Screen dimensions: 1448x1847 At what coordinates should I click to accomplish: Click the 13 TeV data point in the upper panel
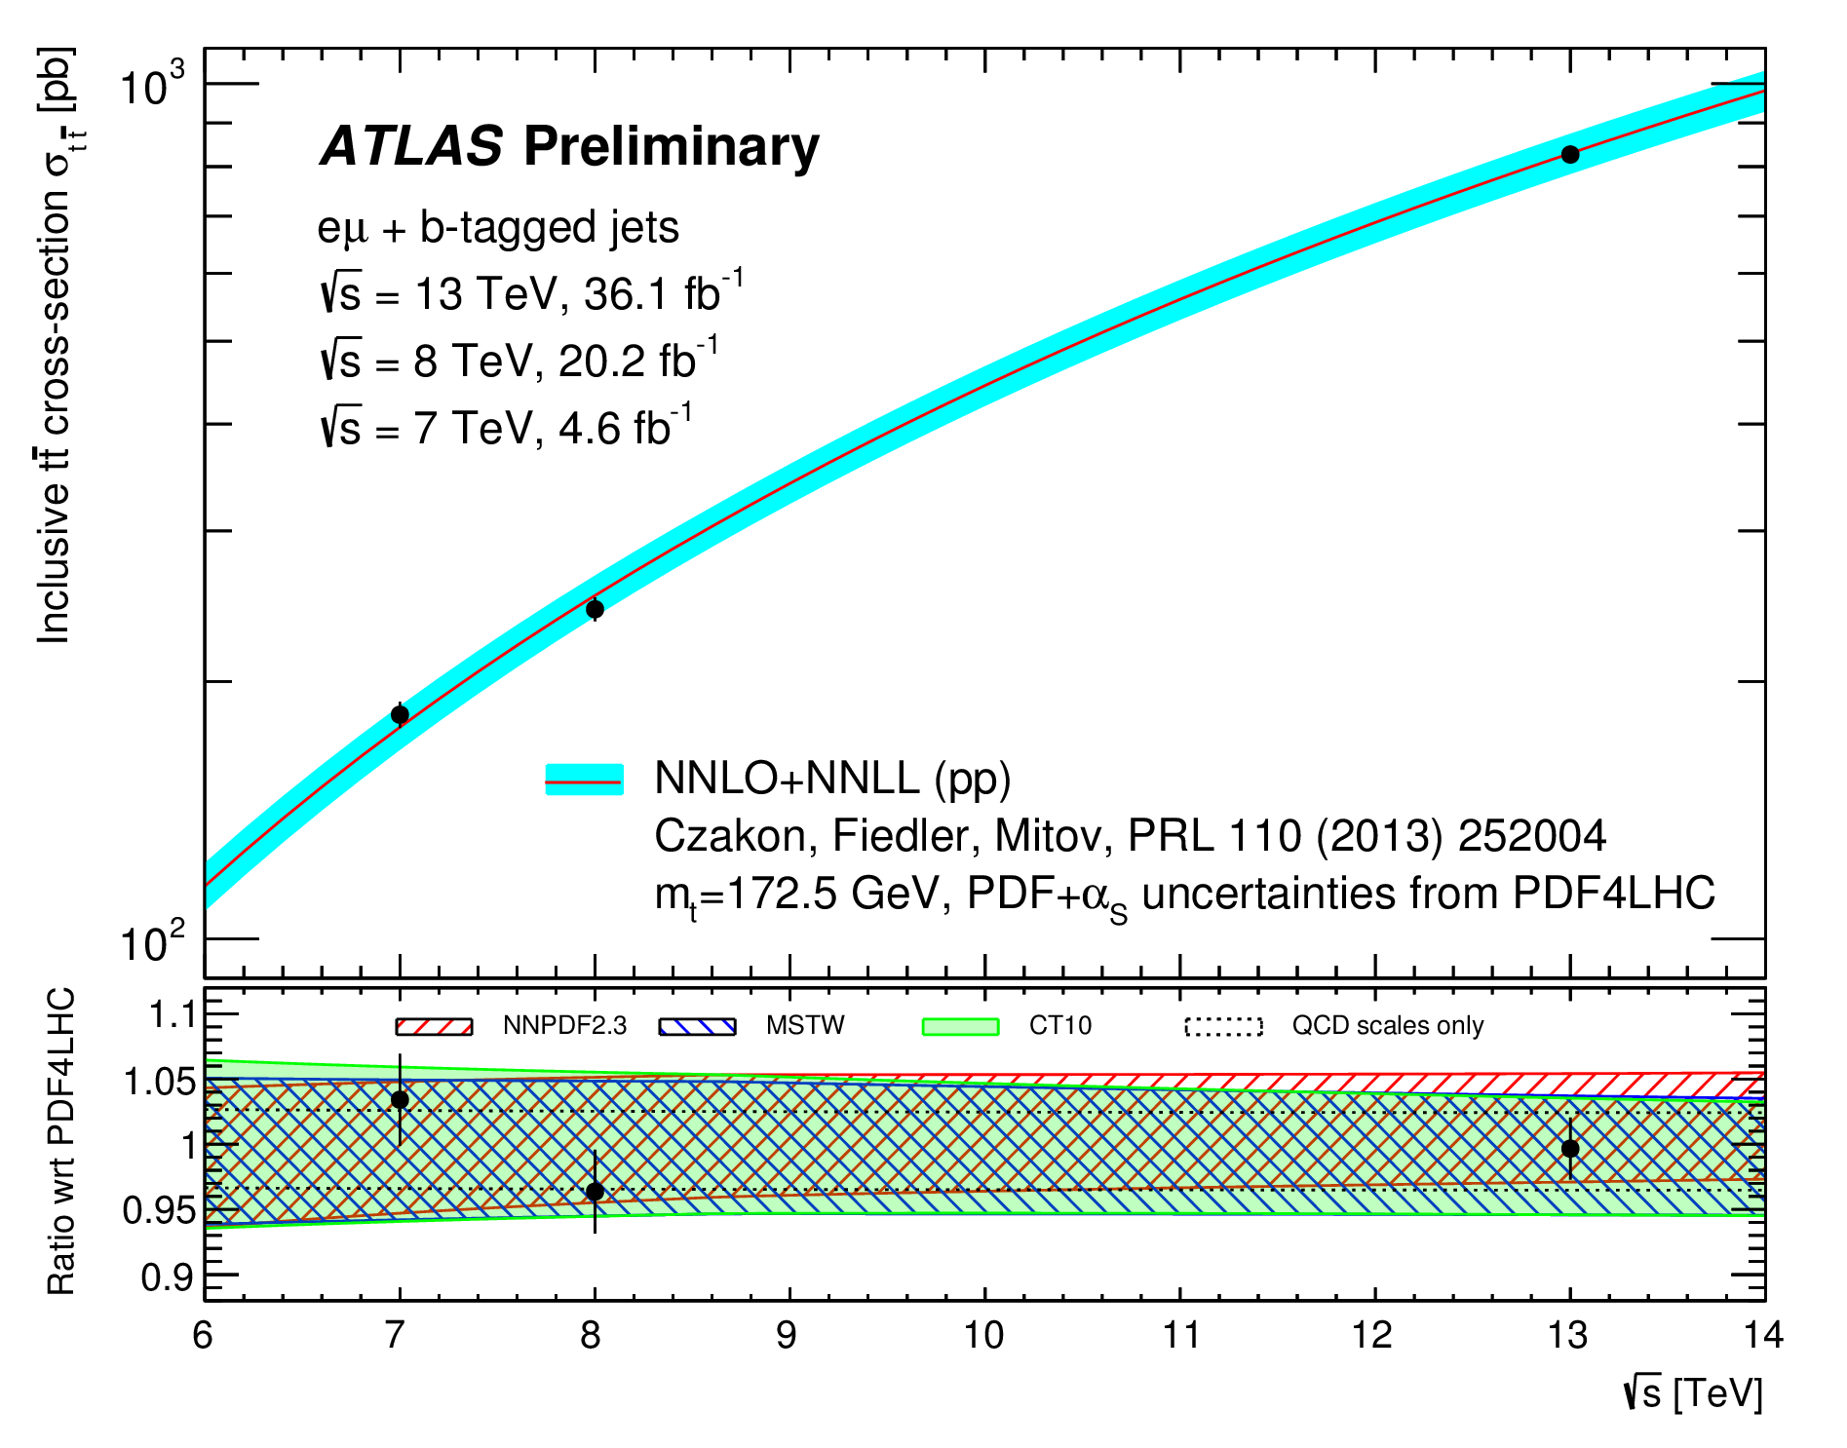[1569, 154]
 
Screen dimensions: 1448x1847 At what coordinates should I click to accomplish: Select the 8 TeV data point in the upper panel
[595, 609]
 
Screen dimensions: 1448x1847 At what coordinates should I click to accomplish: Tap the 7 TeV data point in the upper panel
[400, 714]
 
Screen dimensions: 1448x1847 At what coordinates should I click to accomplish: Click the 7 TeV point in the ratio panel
[400, 1099]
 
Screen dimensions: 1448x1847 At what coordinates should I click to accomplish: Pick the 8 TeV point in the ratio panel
[595, 1191]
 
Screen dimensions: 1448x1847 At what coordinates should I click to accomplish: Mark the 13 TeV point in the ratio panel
[1569, 1149]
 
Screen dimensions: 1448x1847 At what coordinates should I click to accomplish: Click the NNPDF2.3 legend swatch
[434, 1026]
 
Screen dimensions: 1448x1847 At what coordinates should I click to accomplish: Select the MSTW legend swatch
[697, 1026]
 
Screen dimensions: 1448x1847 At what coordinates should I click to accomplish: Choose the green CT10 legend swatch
[960, 1026]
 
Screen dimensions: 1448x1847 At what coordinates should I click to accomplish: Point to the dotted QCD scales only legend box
[1223, 1026]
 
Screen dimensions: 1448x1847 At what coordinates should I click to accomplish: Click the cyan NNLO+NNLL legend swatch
[584, 780]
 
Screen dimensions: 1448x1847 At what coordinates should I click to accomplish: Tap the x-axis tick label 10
[983, 1335]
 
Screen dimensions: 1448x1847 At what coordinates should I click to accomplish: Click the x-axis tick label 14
[1762, 1335]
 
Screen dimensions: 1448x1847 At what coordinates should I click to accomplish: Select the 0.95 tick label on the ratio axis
[159, 1210]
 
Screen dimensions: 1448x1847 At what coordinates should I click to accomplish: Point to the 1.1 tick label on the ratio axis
[171, 1016]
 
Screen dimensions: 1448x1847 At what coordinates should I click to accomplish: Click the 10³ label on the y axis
[152, 85]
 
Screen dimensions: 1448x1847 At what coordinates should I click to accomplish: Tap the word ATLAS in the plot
[411, 146]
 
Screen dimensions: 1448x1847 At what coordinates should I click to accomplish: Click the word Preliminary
[672, 148]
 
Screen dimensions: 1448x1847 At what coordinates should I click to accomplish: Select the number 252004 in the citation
[1532, 835]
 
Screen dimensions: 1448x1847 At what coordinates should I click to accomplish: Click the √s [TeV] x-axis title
[1694, 1393]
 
